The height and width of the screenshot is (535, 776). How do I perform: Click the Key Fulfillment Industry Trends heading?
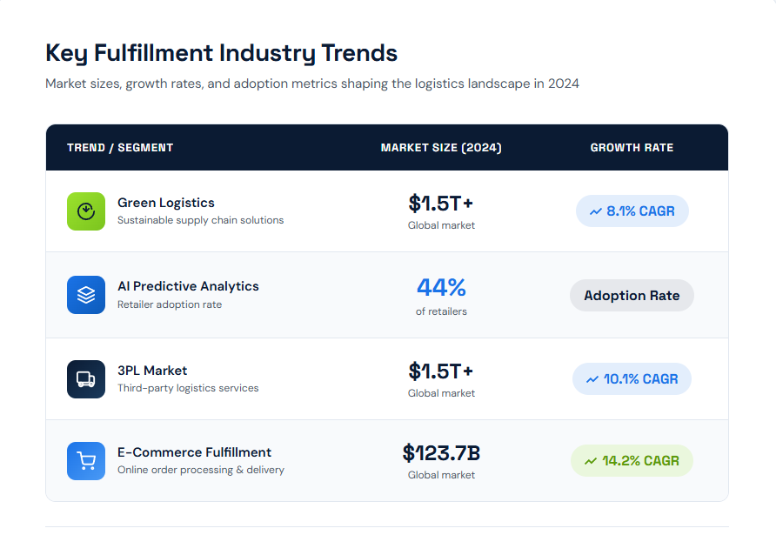[x=221, y=53]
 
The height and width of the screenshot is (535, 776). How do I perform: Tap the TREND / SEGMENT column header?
[x=120, y=148]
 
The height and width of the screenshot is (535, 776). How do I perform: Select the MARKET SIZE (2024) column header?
[x=441, y=148]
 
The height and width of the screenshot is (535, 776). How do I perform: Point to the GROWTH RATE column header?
[x=632, y=148]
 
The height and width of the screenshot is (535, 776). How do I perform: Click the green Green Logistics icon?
[x=86, y=211]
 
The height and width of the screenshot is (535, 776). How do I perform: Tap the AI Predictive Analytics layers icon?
[x=86, y=295]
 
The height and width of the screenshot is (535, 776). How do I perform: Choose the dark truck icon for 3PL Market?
[x=86, y=379]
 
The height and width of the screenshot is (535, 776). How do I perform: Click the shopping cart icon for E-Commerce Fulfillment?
[x=86, y=461]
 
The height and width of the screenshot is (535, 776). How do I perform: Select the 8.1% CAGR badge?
[x=632, y=211]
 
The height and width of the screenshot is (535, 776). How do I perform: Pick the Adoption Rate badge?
[x=632, y=296]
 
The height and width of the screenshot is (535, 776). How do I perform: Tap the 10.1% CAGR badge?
[x=632, y=379]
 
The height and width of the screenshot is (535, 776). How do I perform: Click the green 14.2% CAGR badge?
[x=632, y=461]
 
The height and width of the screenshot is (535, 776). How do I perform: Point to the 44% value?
[x=441, y=287]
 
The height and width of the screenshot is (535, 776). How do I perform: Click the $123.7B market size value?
[x=441, y=453]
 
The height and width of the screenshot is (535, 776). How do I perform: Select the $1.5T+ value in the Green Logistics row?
[x=441, y=204]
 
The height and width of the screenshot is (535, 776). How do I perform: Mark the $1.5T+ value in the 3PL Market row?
[x=441, y=371]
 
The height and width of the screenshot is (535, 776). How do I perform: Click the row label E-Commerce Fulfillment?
[x=194, y=452]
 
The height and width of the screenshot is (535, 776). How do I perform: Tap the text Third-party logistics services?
[x=188, y=388]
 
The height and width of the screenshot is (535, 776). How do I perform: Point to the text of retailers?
[x=441, y=311]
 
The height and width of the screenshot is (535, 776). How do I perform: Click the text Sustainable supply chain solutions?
[x=200, y=220]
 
